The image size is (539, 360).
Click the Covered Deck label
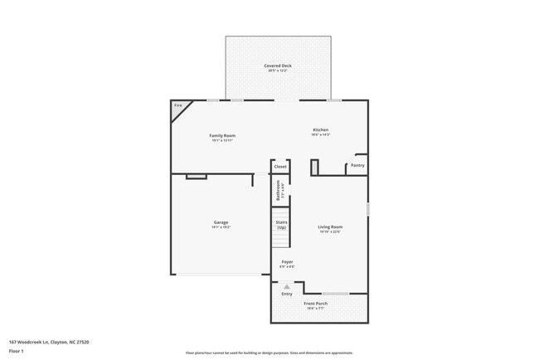pyautogui.click(x=278, y=66)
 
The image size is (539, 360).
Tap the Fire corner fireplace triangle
pyautogui.click(x=179, y=108)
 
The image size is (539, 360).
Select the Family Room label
pyautogui.click(x=221, y=135)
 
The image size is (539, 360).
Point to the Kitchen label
pyautogui.click(x=320, y=130)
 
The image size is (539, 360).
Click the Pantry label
pyautogui.click(x=357, y=165)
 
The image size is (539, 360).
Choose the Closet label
pyautogui.click(x=280, y=167)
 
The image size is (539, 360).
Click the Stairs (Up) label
pyautogui.click(x=281, y=225)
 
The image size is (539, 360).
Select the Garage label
pyautogui.click(x=221, y=222)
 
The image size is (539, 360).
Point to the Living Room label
pyautogui.click(x=330, y=226)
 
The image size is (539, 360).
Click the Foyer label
pyautogui.click(x=287, y=262)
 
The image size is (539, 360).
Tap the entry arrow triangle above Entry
pyautogui.click(x=287, y=287)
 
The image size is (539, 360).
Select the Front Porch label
pyautogui.click(x=315, y=304)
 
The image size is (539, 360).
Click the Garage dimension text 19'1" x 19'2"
pyautogui.click(x=221, y=227)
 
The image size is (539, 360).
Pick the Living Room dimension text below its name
pyautogui.click(x=330, y=232)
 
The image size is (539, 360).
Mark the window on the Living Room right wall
pyautogui.click(x=367, y=209)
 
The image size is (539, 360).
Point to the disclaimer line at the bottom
pyautogui.click(x=269, y=353)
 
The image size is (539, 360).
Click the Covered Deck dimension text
pyautogui.click(x=278, y=71)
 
